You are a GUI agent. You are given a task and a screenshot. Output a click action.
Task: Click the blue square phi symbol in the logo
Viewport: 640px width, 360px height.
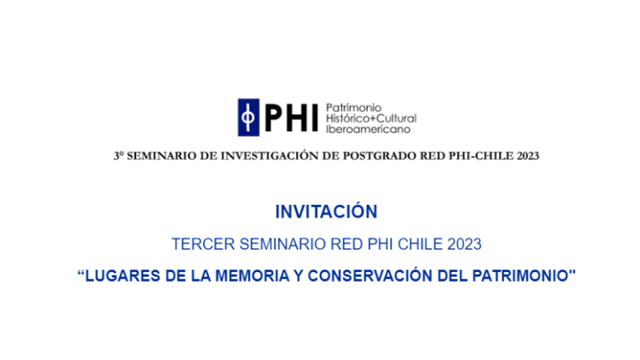click(x=249, y=118)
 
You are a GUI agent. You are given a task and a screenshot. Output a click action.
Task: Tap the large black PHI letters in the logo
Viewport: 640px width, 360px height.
click(x=291, y=118)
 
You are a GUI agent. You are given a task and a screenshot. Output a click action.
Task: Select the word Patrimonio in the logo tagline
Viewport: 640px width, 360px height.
click(x=354, y=108)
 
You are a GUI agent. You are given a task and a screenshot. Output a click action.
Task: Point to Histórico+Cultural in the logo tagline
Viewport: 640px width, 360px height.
click(x=371, y=118)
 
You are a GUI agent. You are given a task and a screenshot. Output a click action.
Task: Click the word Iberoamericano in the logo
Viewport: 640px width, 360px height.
click(x=362, y=129)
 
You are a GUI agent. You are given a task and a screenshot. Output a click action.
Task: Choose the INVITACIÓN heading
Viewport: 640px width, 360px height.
click(x=326, y=211)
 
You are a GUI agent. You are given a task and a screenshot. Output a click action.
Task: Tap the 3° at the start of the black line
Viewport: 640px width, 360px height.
click(x=118, y=156)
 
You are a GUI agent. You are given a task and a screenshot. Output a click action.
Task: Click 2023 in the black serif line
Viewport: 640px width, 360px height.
click(x=528, y=156)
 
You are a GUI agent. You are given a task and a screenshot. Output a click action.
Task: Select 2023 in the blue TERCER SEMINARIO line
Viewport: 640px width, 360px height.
click(x=465, y=244)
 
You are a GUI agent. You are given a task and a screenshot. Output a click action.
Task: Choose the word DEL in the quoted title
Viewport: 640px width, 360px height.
click(x=452, y=276)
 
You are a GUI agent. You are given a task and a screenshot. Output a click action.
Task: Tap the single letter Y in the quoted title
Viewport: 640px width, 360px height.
click(x=298, y=276)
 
